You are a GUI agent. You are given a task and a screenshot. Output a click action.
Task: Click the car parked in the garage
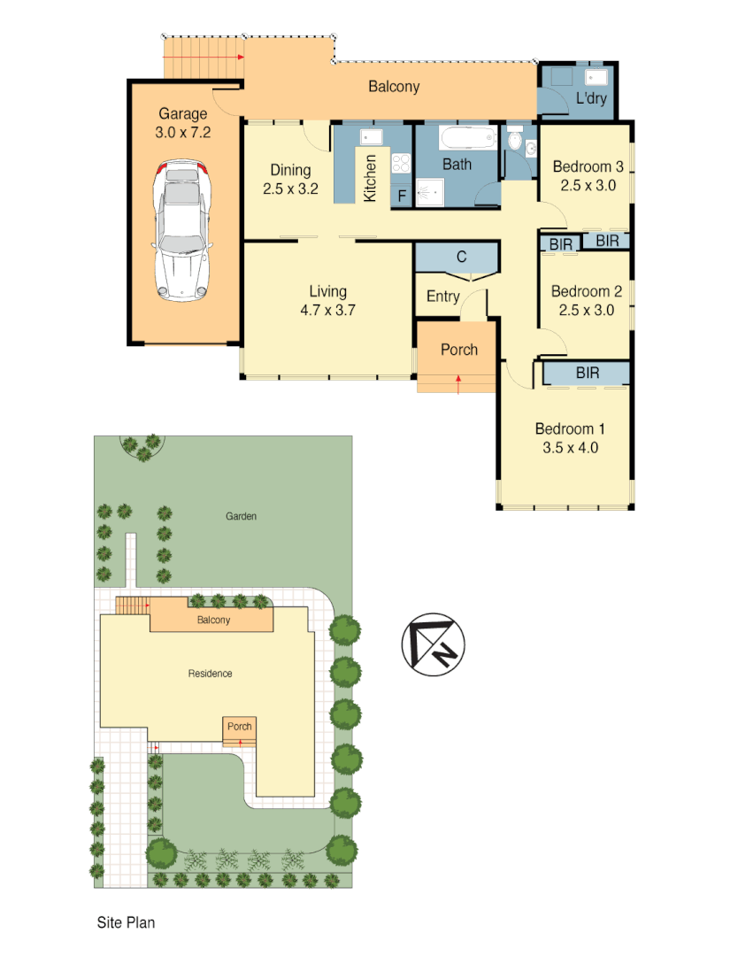point(181,230)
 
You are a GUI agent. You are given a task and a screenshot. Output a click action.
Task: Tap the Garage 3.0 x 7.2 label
point(183,123)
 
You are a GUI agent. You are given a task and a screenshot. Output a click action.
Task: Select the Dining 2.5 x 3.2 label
point(290,179)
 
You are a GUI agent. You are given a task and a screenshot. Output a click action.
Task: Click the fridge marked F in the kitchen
point(402,196)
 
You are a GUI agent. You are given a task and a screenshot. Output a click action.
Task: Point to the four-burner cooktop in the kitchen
point(401,164)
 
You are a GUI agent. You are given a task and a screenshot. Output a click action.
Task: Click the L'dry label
point(591,98)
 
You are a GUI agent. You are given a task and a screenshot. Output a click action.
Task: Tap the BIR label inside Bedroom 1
point(587,374)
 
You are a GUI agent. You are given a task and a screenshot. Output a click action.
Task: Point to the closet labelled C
point(461,258)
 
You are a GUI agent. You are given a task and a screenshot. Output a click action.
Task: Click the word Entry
point(442,297)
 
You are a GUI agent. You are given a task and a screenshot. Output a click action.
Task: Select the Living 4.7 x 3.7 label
point(327,300)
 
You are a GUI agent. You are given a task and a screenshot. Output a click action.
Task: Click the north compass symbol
point(434,644)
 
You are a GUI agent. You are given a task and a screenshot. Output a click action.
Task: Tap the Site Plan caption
point(126,922)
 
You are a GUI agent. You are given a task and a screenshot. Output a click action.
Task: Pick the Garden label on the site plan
point(241,516)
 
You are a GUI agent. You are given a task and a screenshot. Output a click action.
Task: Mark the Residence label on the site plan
point(210,674)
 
